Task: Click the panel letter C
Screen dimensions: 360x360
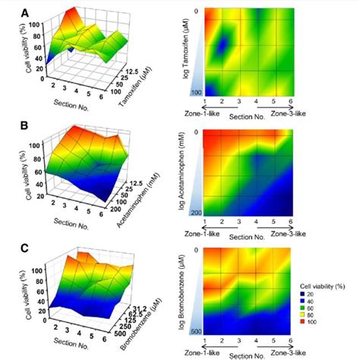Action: point(7,248)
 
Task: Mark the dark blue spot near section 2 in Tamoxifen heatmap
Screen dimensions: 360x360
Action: point(222,47)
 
